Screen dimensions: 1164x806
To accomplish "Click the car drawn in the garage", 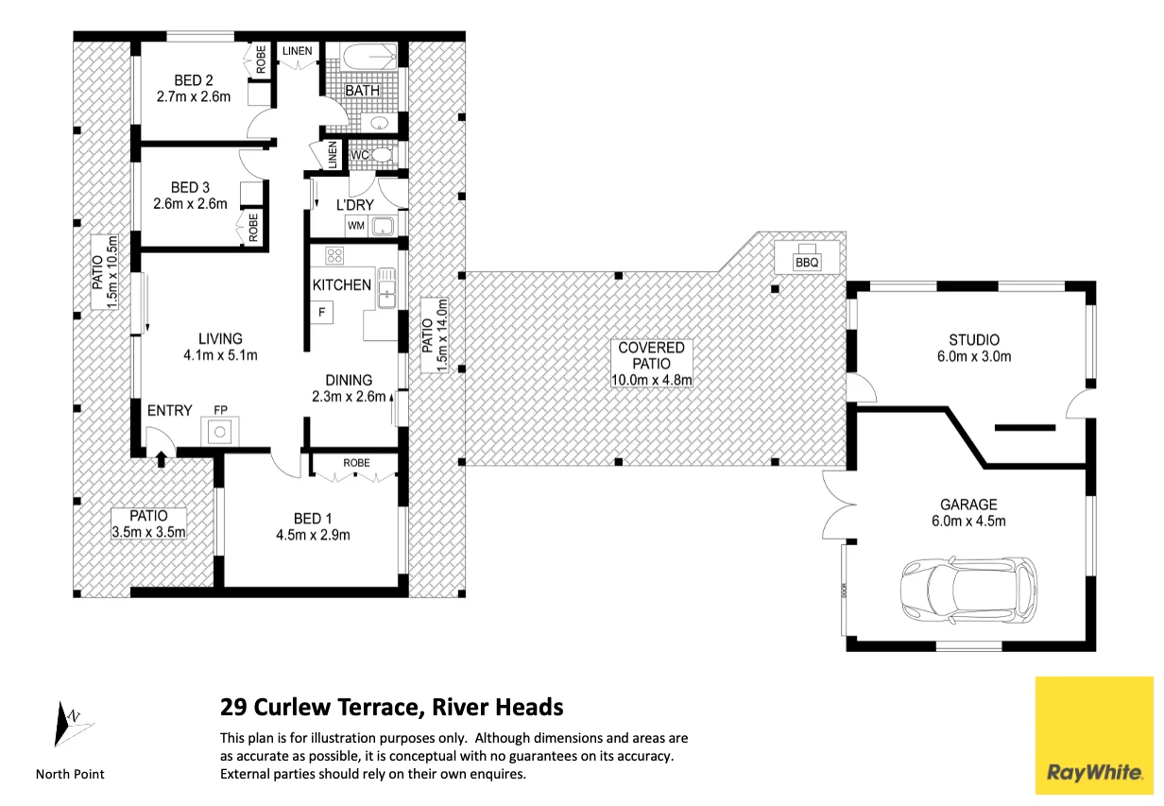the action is tap(968, 591).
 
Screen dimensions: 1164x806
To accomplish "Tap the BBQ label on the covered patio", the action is tap(807, 263).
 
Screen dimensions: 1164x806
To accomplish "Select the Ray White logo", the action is tap(1094, 735).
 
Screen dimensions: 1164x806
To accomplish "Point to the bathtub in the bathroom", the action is tap(368, 56).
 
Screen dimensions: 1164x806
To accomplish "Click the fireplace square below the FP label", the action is tap(220, 431).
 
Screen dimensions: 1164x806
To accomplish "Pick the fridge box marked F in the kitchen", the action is tap(321, 313).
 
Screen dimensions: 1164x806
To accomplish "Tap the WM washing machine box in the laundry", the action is tap(356, 226).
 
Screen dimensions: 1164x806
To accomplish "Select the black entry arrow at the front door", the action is tap(161, 459).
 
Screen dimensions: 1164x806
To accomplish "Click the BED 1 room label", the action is tap(313, 518).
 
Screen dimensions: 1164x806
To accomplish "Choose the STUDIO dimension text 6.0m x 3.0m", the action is tap(974, 356).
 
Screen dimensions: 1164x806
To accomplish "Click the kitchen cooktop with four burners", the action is tap(334, 256).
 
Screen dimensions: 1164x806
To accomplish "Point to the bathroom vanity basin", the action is tap(381, 123).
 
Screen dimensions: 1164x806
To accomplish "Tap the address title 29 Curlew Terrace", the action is tap(319, 707).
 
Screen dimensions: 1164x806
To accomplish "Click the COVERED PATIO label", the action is tap(651, 355).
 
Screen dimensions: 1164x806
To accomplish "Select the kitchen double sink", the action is tap(386, 288).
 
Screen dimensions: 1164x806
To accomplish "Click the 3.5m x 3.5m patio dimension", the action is tap(148, 532).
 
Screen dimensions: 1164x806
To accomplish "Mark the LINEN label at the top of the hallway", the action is tap(298, 51).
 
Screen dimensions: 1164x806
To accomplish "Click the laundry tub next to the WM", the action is tap(384, 227).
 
